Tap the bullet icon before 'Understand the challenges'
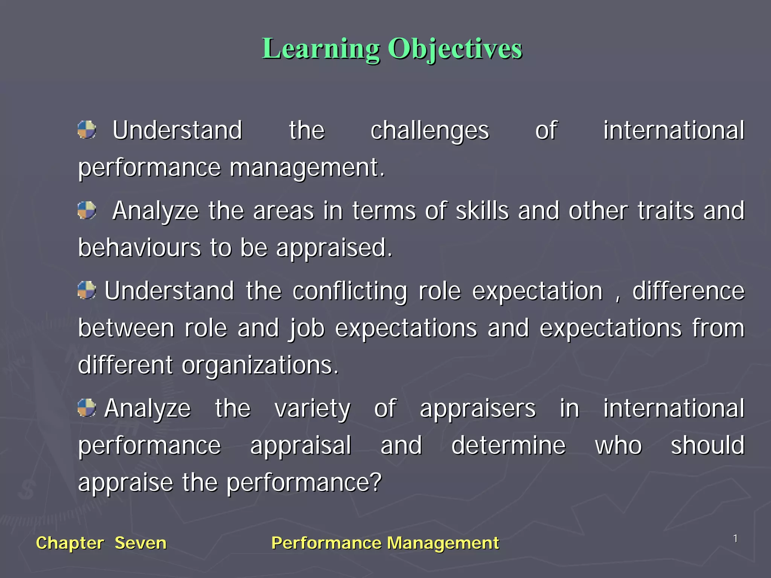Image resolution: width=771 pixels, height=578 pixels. [x=87, y=130]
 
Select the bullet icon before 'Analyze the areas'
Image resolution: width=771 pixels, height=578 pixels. [x=87, y=210]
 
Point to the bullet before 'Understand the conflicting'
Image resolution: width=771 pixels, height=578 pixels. [x=87, y=291]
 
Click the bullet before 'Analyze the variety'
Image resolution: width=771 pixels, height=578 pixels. [x=87, y=408]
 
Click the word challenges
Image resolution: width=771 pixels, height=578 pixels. [x=430, y=131]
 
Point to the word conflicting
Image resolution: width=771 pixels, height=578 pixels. [x=350, y=292]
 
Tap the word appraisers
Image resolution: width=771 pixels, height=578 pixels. [x=477, y=409]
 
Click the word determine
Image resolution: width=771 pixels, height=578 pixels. [x=508, y=445]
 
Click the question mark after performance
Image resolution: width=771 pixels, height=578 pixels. [x=376, y=482]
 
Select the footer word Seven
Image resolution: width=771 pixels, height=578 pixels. [x=140, y=543]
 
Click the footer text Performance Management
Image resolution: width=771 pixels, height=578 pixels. [x=385, y=543]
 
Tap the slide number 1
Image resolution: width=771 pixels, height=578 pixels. [x=735, y=539]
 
